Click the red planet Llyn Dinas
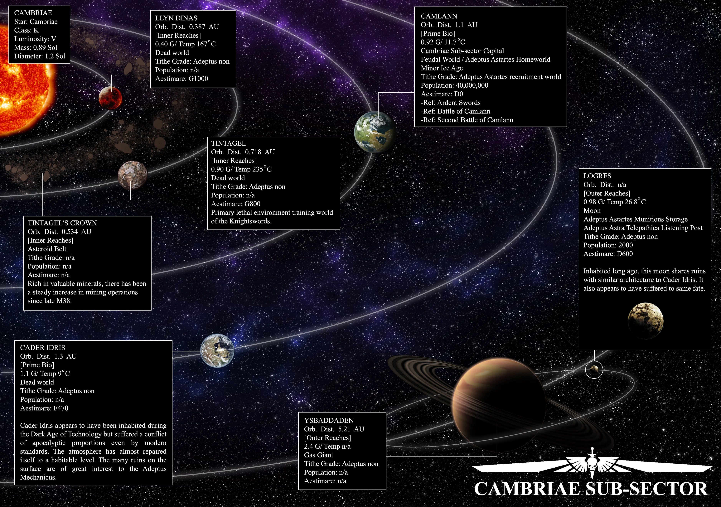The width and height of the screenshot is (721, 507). click(110, 98)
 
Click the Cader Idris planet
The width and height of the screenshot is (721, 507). click(217, 350)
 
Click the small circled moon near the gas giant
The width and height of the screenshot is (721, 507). click(594, 369)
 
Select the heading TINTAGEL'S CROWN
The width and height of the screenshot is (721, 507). click(62, 223)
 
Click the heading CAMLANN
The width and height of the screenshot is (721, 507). click(439, 16)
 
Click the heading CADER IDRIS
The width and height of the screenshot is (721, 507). click(42, 348)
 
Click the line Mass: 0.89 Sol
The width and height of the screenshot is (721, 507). click(36, 48)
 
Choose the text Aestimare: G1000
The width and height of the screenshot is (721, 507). click(181, 79)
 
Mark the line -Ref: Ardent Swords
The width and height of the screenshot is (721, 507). click(451, 103)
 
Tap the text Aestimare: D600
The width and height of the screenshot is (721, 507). click(608, 254)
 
